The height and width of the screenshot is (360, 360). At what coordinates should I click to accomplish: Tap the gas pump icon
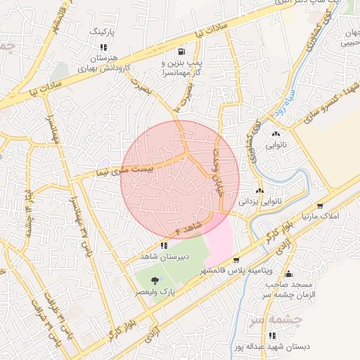pyautogui.click(x=182, y=52)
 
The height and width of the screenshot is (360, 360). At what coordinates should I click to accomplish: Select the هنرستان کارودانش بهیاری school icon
pyautogui.click(x=104, y=48)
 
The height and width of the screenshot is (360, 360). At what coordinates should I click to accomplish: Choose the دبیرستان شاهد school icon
pyautogui.click(x=164, y=245)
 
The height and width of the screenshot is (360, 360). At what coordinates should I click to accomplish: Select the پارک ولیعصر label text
pyautogui.click(x=155, y=292)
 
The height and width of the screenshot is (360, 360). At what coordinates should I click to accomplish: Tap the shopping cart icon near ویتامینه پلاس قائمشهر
pyautogui.click(x=236, y=259)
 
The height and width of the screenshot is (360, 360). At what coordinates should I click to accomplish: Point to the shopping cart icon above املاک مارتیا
pyautogui.click(x=320, y=206)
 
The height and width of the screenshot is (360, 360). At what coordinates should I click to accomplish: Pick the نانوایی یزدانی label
pyautogui.click(x=261, y=201)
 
